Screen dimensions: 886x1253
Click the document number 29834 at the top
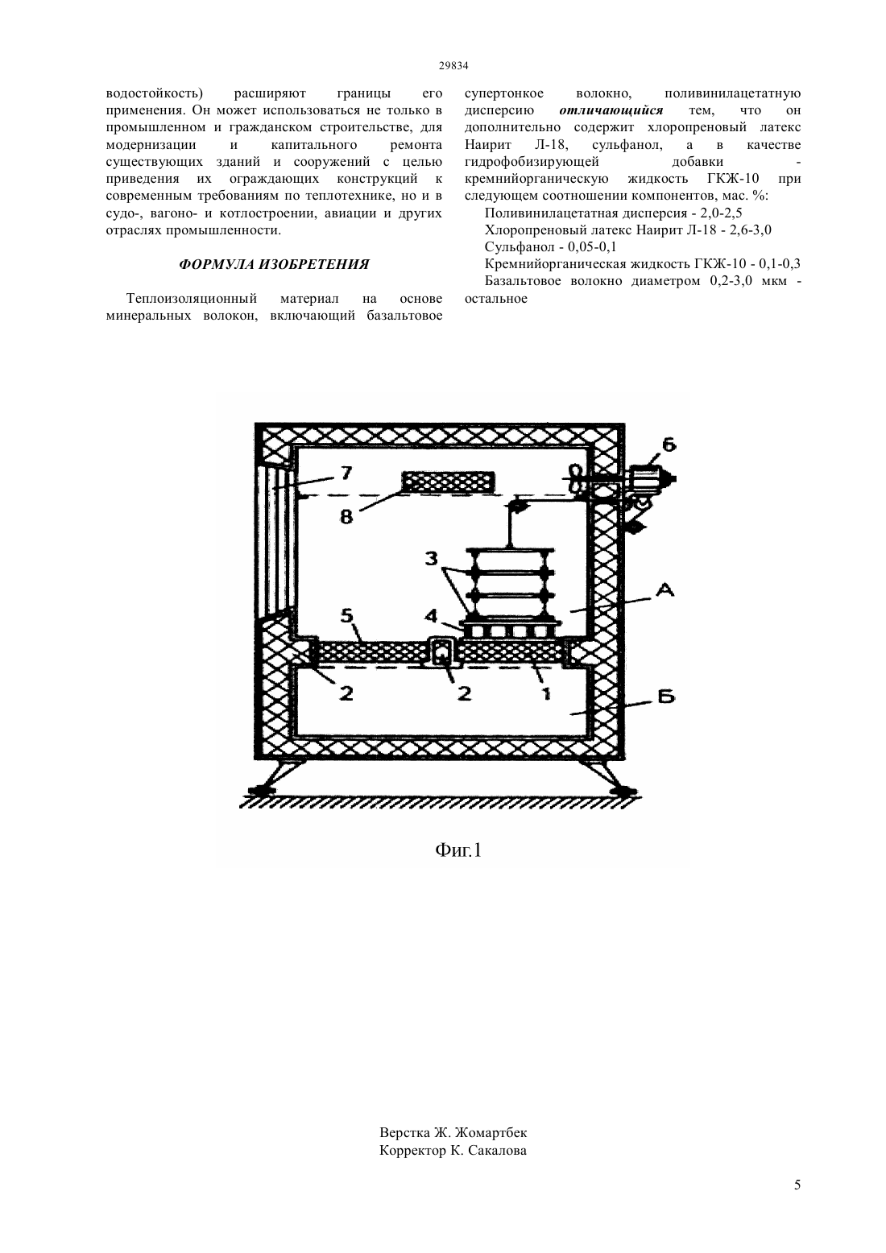pos(453,65)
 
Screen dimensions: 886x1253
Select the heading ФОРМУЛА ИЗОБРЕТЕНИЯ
pos(274,265)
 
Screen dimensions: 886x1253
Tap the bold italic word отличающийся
pos(611,110)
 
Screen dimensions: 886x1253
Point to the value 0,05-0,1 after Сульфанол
pos(592,246)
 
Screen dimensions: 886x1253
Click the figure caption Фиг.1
pos(458,851)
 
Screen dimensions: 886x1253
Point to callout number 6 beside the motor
pos(669,445)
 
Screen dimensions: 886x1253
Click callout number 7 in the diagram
pos(346,473)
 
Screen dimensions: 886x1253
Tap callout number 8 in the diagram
pos(346,516)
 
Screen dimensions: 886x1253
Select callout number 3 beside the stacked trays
pos(431,558)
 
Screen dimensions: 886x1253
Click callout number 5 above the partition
pos(346,616)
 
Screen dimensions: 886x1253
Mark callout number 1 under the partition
pos(546,693)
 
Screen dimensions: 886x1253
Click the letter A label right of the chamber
pos(665,590)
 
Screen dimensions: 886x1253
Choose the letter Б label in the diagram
pos(666,697)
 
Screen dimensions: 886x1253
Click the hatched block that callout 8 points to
pos(449,482)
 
